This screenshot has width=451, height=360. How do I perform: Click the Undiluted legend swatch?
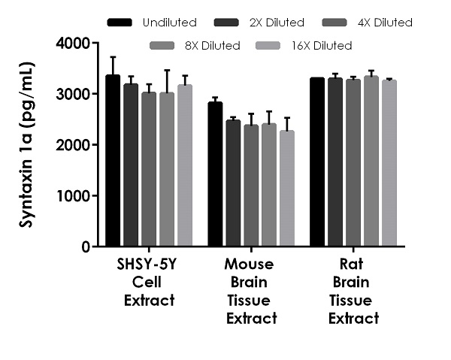point(121,23)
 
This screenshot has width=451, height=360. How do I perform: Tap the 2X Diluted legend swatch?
point(226,23)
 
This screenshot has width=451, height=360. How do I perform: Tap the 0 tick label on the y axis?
point(86,247)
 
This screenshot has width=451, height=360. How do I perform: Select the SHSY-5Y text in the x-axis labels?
point(149,265)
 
